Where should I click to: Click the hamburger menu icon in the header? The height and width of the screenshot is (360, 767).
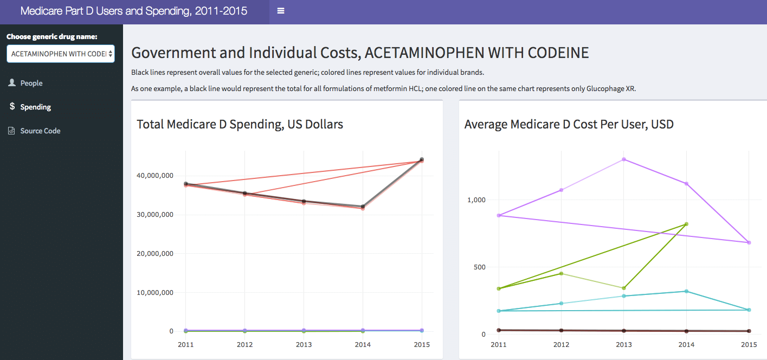point(281,11)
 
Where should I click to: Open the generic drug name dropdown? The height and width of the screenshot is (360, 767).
point(60,54)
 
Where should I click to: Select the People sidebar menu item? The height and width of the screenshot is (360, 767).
point(31,83)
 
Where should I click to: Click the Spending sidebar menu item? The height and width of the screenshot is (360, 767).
point(35,107)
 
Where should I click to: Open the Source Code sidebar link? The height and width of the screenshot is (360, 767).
point(40,131)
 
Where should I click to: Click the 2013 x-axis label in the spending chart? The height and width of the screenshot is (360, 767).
point(304,345)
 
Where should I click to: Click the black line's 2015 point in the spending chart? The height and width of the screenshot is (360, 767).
point(422,160)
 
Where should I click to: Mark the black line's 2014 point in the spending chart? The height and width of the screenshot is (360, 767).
point(363,207)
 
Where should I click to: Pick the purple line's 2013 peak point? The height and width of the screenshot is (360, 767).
point(624,159)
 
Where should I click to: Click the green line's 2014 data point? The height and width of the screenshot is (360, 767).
point(686,224)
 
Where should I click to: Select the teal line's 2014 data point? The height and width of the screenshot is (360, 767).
point(686,291)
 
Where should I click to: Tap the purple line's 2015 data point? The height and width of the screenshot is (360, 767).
point(749,242)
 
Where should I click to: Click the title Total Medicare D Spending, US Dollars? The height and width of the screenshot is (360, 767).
point(240,124)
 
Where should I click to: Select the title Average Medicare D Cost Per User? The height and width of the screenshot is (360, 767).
point(569,124)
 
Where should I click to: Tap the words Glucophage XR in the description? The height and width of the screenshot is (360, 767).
point(610,89)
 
